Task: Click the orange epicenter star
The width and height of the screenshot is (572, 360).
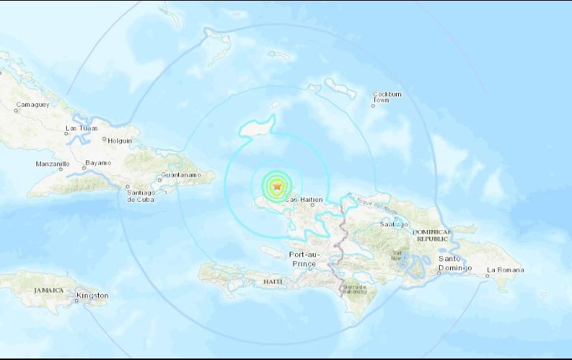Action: tap(278, 186)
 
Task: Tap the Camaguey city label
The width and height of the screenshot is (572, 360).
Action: tap(32, 104)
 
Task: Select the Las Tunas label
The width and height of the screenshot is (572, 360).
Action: tap(81, 128)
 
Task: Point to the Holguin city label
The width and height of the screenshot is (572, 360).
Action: tap(120, 140)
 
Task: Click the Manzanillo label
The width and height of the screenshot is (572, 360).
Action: tap(53, 163)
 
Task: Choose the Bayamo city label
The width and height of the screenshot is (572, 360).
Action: tap(97, 163)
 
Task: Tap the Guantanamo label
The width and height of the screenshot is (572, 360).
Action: tap(181, 176)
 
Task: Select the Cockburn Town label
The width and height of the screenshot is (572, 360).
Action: tap(386, 97)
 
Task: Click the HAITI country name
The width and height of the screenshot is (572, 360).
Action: tap(273, 281)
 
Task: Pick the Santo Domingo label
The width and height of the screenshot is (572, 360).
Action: tap(455, 264)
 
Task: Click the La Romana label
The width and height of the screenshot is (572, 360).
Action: tap(505, 269)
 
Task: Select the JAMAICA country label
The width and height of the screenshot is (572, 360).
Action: tap(48, 290)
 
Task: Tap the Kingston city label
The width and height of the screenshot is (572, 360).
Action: tap(92, 295)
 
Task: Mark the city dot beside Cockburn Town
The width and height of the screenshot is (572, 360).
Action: tap(373, 106)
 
